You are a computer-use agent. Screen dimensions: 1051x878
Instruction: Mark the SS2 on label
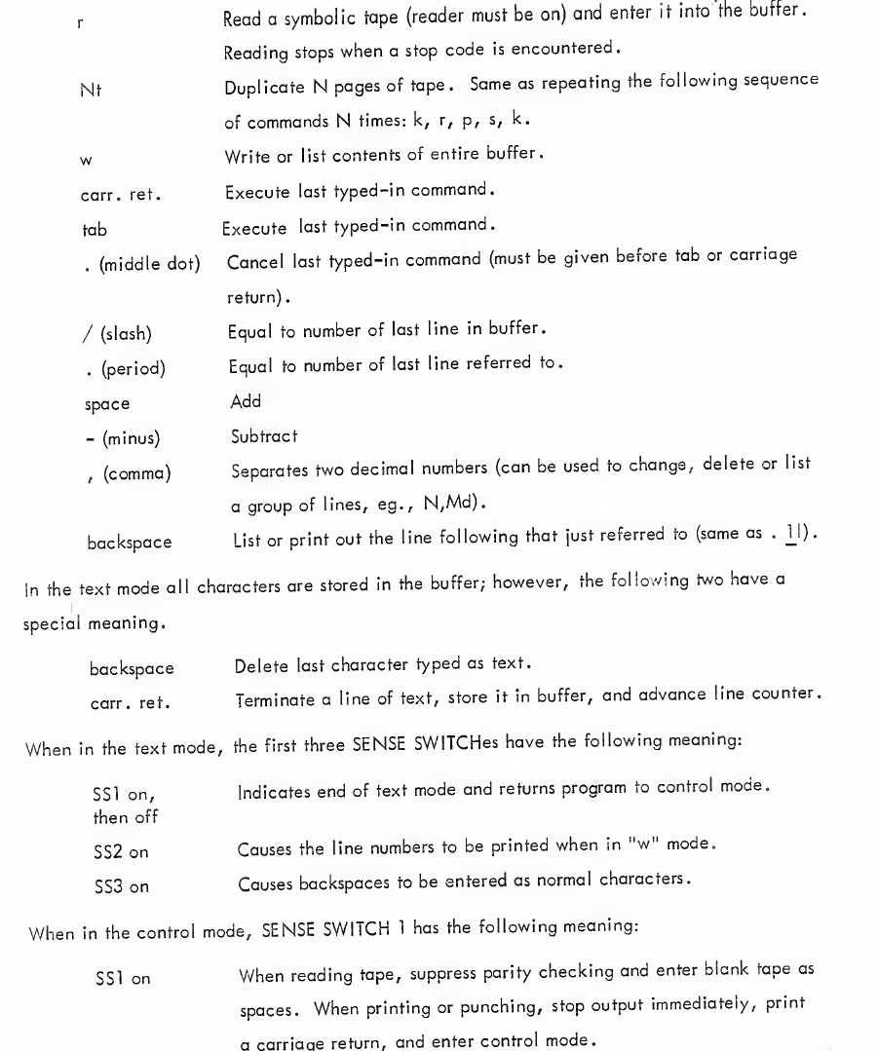tap(114, 797)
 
